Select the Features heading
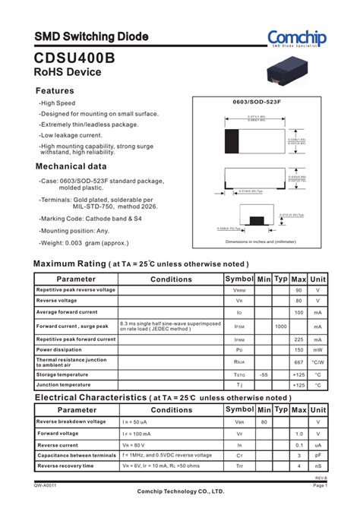click(55, 90)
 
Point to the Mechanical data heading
click(71, 166)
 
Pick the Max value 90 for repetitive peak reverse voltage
click(298, 290)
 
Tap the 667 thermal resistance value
click(298, 363)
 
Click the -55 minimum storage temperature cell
click(264, 375)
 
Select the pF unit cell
click(318, 456)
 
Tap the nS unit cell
click(318, 466)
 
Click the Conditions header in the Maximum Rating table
click(171, 279)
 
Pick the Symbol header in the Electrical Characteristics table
click(239, 410)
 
